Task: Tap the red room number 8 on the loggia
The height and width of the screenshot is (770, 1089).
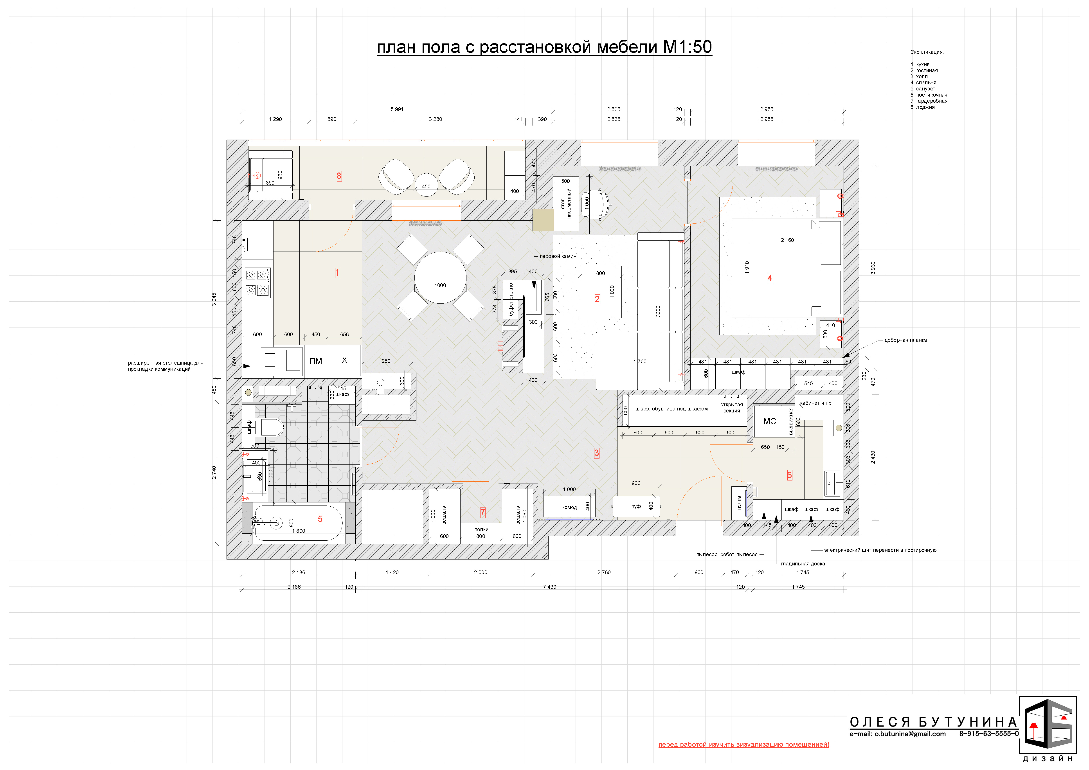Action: point(339,176)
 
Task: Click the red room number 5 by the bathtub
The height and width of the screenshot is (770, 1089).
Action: point(320,519)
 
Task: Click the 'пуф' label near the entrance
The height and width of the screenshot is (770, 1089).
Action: point(636,506)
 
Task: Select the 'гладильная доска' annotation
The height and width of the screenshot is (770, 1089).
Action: point(803,564)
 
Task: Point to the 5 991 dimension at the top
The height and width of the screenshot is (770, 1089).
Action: point(397,110)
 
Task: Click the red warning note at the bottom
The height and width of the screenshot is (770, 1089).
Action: point(744,744)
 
